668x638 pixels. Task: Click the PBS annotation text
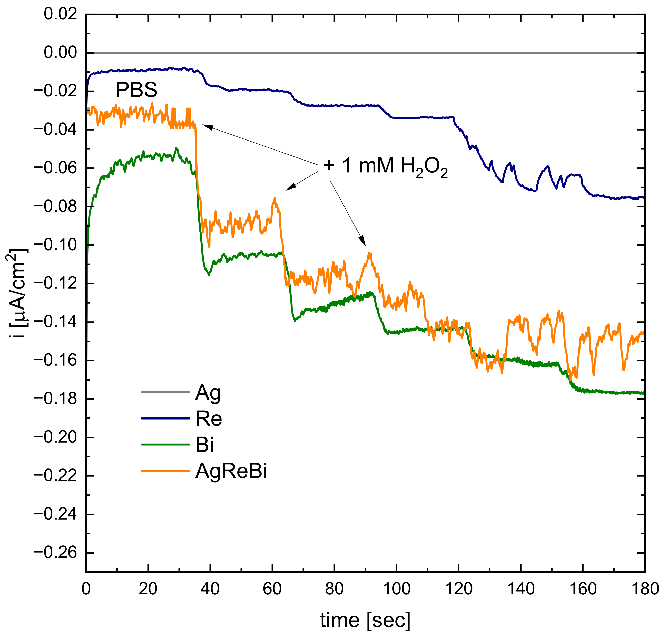pos(136,90)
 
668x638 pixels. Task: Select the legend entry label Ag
pos(208,393)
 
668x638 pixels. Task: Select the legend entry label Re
pos(209,419)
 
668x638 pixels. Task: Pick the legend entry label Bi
pos(204,445)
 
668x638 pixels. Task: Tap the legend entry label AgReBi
pos(231,471)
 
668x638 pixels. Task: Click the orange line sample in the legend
pos(165,471)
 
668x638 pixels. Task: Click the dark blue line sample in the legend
pos(165,419)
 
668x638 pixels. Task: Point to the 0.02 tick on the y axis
pos(61,14)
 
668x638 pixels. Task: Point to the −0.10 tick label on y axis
pos(55,245)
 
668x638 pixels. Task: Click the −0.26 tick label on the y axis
pos(55,553)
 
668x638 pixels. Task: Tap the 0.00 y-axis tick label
pos(61,53)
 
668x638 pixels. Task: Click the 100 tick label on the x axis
pos(396,588)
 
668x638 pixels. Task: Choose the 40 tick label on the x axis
pos(210,588)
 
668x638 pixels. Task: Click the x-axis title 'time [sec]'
pos(365,620)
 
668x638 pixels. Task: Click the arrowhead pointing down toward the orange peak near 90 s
pos(363,242)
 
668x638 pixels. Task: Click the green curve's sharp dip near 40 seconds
pos(208,274)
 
